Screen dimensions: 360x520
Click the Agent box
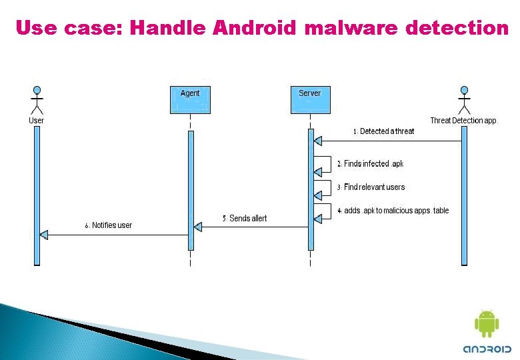190,99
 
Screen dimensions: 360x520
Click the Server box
309,99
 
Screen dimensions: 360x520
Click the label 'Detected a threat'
383,131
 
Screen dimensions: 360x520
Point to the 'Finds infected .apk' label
370,164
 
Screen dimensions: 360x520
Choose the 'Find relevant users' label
371,187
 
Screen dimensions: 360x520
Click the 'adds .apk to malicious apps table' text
393,211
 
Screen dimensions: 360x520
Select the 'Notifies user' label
108,225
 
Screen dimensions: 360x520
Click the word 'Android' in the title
255,28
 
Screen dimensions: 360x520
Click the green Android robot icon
486,324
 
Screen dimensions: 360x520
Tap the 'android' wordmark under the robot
487,349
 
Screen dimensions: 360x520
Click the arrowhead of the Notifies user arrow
44,235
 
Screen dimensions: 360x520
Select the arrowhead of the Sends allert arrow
197,227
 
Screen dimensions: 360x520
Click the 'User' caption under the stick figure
37,121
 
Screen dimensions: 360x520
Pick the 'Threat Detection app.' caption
463,121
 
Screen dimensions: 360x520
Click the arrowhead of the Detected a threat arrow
318,141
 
